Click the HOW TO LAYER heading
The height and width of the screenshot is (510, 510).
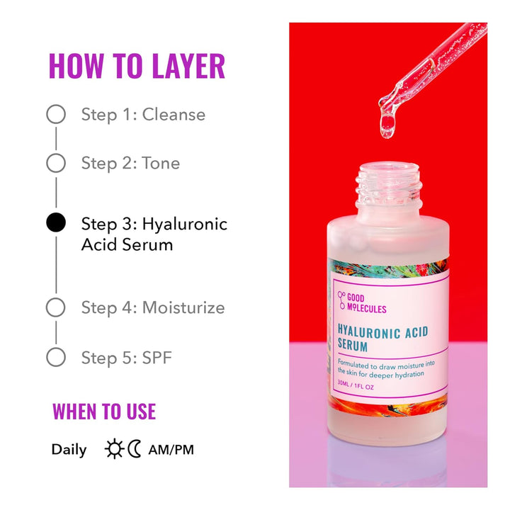point(137,65)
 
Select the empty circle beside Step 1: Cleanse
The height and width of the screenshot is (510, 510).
point(56,115)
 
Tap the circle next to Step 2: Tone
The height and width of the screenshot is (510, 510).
point(56,163)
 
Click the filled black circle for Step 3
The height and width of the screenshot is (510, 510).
point(56,223)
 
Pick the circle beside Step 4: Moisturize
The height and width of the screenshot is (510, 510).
point(56,307)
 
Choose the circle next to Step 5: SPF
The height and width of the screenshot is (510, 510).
point(56,357)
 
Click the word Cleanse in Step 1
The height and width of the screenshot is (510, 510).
point(174,115)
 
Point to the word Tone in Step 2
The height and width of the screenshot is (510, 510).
point(161,163)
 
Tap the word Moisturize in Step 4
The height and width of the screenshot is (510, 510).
point(183,307)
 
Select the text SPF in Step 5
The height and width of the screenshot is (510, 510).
point(157,358)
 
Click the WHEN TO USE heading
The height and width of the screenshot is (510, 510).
point(104,412)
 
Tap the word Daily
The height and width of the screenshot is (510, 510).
point(69,450)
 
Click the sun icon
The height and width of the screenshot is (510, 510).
point(114,449)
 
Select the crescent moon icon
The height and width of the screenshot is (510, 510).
point(135,449)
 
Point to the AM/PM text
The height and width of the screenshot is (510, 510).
point(171,450)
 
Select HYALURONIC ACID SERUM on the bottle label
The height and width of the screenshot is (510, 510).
point(382,339)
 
